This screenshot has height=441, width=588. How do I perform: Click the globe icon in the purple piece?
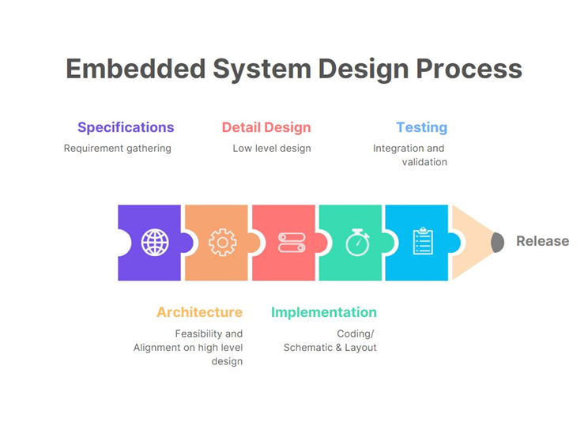tap(155, 242)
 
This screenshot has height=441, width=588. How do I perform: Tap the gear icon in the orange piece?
tap(222, 242)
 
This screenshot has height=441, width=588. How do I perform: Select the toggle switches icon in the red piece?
tap(291, 242)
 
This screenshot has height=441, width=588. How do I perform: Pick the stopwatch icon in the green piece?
tap(357, 242)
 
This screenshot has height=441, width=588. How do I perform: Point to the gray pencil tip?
tap(497, 242)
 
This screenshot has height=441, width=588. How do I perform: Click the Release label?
tap(542, 241)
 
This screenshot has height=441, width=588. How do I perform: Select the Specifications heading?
tap(126, 127)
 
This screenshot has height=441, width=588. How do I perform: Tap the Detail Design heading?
tap(266, 127)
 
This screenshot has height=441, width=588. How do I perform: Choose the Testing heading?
tap(421, 127)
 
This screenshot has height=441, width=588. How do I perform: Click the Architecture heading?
tap(199, 312)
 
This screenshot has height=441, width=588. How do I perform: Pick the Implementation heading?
tap(324, 312)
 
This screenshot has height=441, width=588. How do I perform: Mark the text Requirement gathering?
tap(118, 148)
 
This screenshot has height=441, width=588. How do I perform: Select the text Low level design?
tap(272, 148)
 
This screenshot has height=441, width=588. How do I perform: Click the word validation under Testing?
tap(424, 162)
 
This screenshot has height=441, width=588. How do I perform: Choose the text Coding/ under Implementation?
tap(355, 334)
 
